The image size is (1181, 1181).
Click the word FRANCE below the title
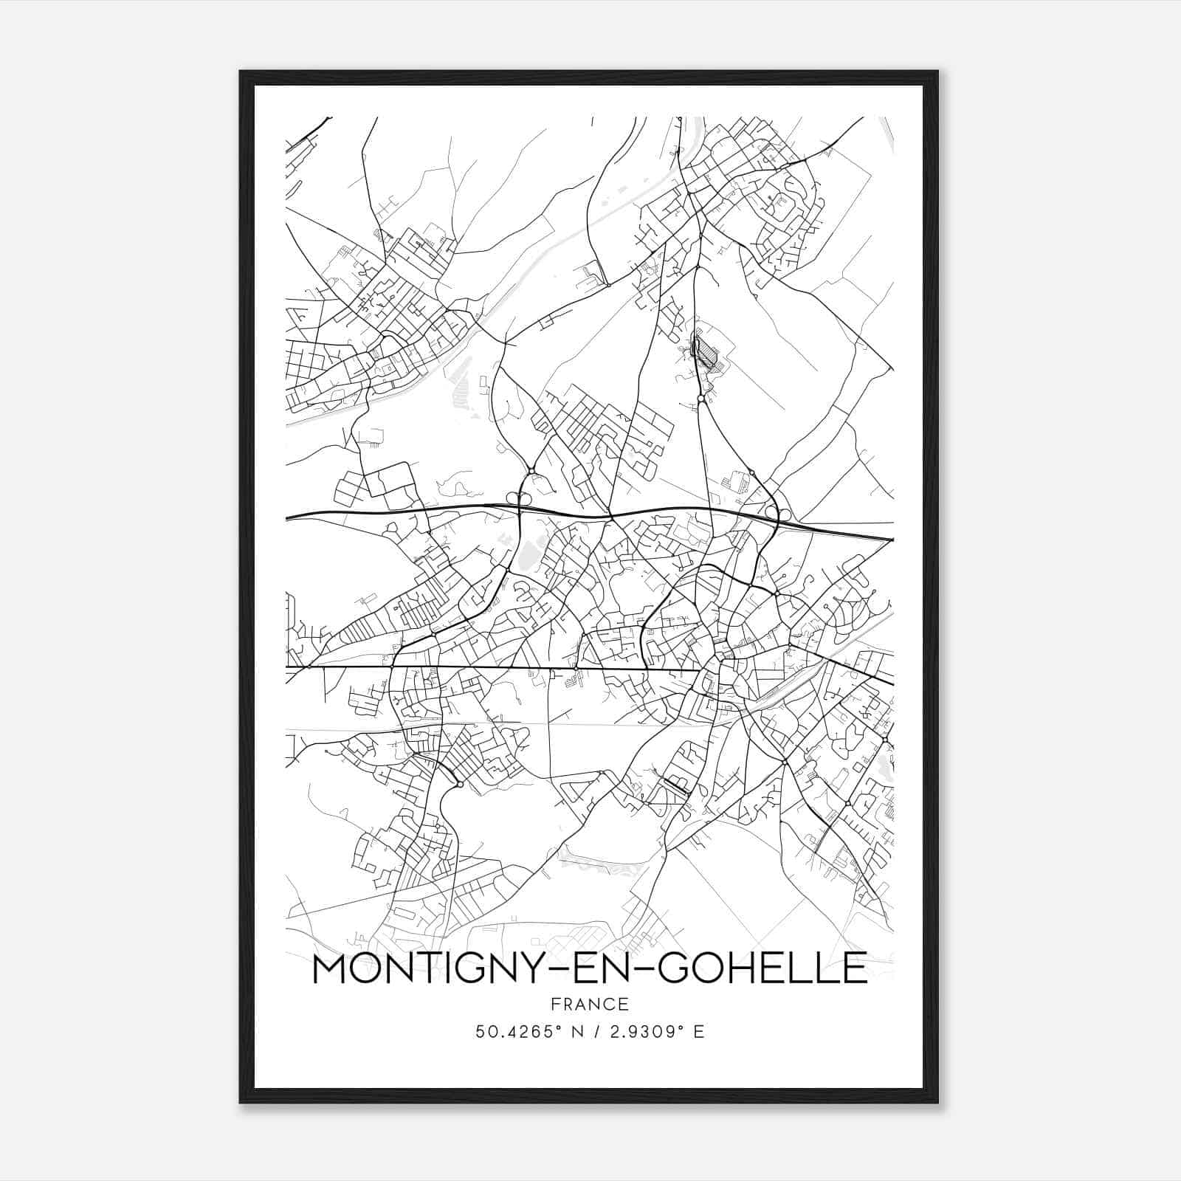[589, 1004]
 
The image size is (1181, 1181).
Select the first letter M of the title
[328, 968]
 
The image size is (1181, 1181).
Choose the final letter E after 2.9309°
[699, 1031]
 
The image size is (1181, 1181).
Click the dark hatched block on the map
[706, 352]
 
